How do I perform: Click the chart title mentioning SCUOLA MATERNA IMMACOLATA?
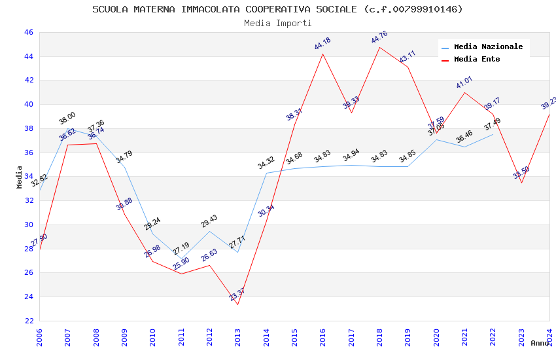coord(277,9)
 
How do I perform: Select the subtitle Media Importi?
coord(277,23)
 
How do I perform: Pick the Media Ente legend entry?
coord(476,60)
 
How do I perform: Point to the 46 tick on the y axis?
coord(28,32)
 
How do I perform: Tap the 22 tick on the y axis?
coord(28,321)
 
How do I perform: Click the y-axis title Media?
coord(20,177)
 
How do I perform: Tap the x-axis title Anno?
coord(540,343)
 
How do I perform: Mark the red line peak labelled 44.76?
coord(379,46)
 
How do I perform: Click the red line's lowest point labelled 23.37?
coord(237,304)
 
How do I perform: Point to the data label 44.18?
coord(322,44)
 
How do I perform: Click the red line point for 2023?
coord(521,183)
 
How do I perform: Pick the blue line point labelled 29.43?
coord(209,231)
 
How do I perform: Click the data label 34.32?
coord(266,163)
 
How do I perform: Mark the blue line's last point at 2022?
coord(493,134)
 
